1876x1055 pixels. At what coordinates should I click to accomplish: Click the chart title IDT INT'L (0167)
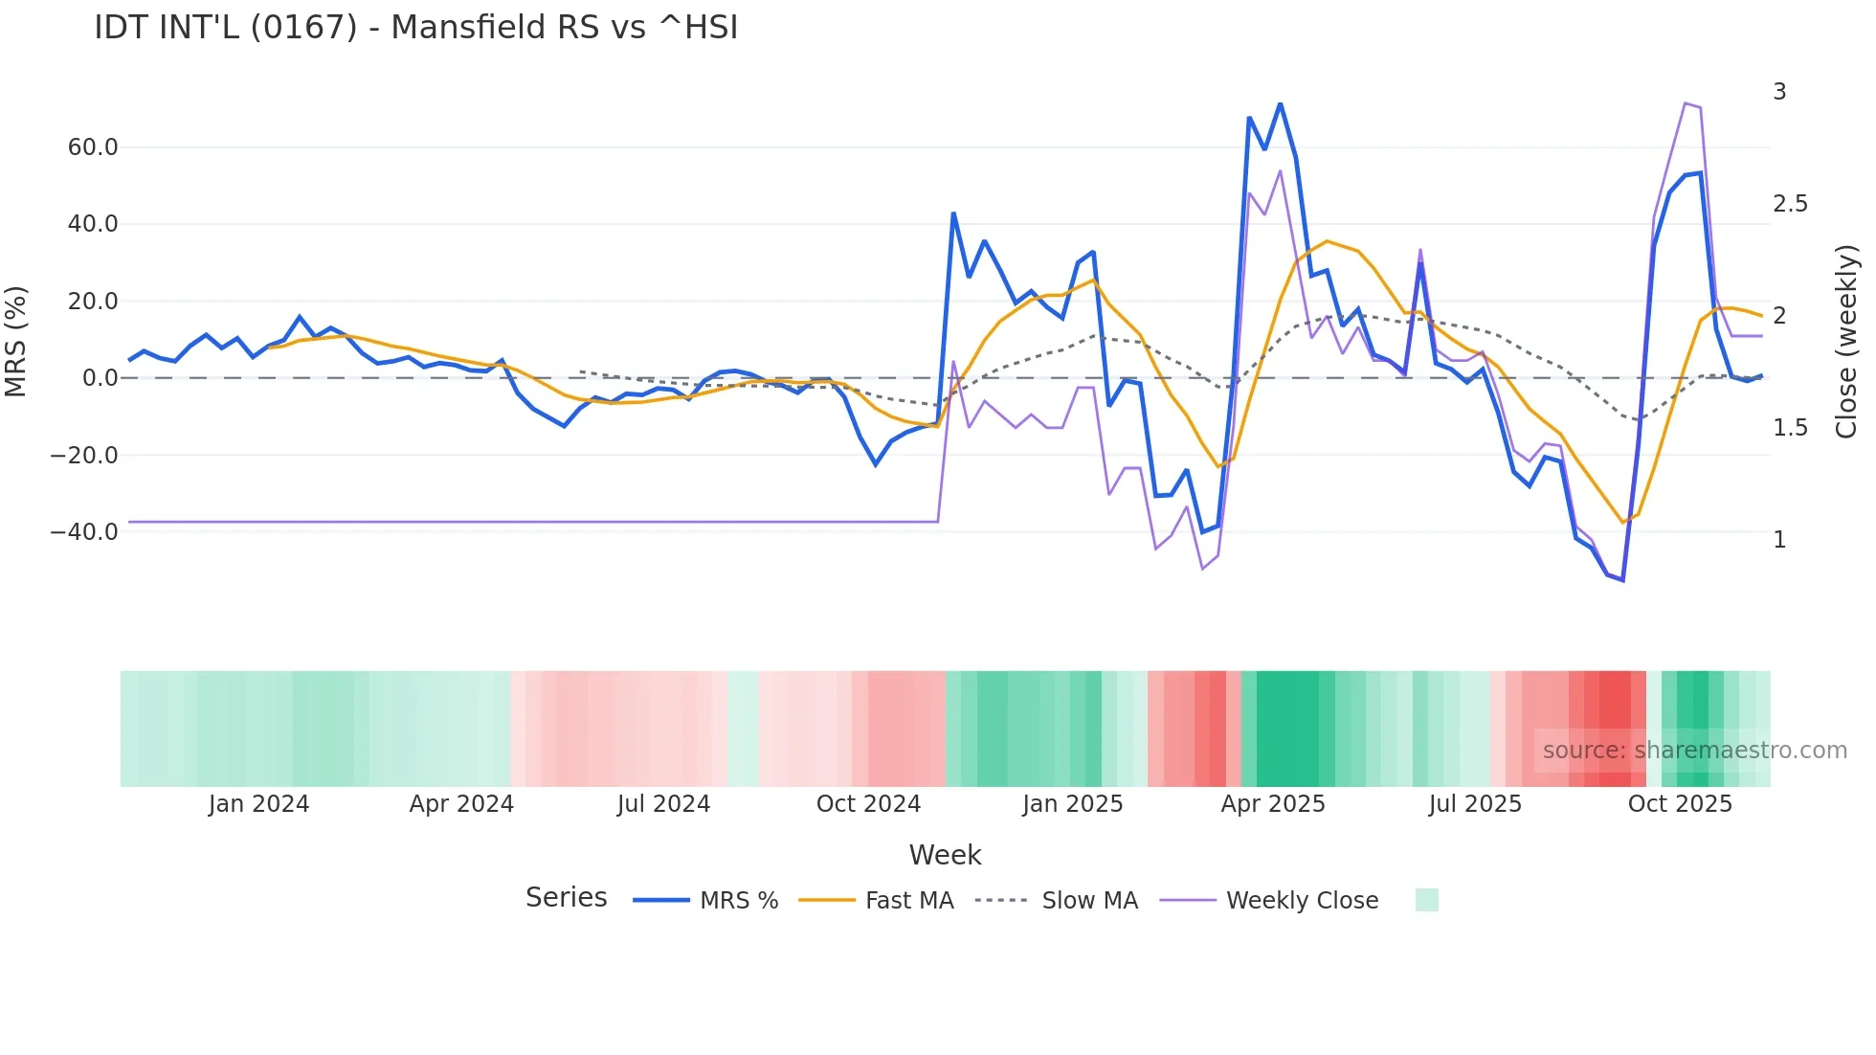tap(415, 28)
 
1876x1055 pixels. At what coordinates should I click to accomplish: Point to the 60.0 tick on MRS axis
tap(93, 147)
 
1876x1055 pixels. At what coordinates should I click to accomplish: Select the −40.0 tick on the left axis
tap(84, 532)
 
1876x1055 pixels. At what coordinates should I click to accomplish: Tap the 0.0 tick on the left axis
tap(100, 378)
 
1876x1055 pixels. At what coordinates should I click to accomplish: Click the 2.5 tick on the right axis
tap(1790, 204)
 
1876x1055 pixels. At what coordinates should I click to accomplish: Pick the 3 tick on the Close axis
tap(1779, 92)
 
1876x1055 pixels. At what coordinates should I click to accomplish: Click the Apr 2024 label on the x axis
tap(461, 804)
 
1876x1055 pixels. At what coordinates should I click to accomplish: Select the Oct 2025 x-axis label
tap(1680, 804)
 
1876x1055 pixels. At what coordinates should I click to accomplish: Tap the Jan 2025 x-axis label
tap(1072, 804)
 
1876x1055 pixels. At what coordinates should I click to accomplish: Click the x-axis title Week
tap(945, 855)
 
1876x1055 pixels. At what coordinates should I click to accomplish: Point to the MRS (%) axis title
tap(16, 341)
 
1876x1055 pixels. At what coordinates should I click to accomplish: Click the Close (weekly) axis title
tap(1846, 341)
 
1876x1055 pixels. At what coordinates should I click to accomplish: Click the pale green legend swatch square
tap(1426, 900)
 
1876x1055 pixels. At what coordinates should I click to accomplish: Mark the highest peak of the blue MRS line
tap(1280, 103)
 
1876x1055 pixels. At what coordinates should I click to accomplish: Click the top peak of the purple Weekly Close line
tap(1685, 103)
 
